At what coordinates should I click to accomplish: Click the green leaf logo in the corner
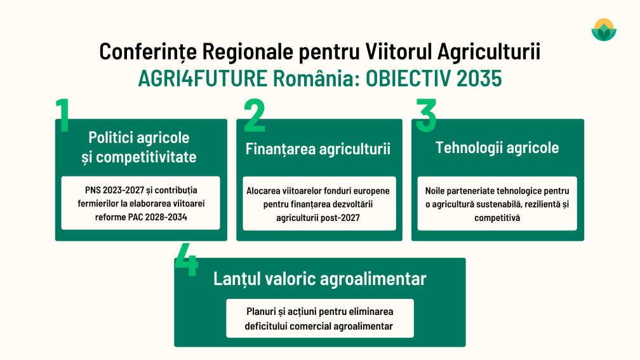(x=604, y=29)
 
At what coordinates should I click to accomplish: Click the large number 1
(x=63, y=116)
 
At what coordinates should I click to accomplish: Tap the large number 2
(x=254, y=116)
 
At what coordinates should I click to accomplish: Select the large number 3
(x=426, y=114)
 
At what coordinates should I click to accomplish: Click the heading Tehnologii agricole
(x=497, y=147)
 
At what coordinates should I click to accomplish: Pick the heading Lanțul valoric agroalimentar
(x=319, y=279)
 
